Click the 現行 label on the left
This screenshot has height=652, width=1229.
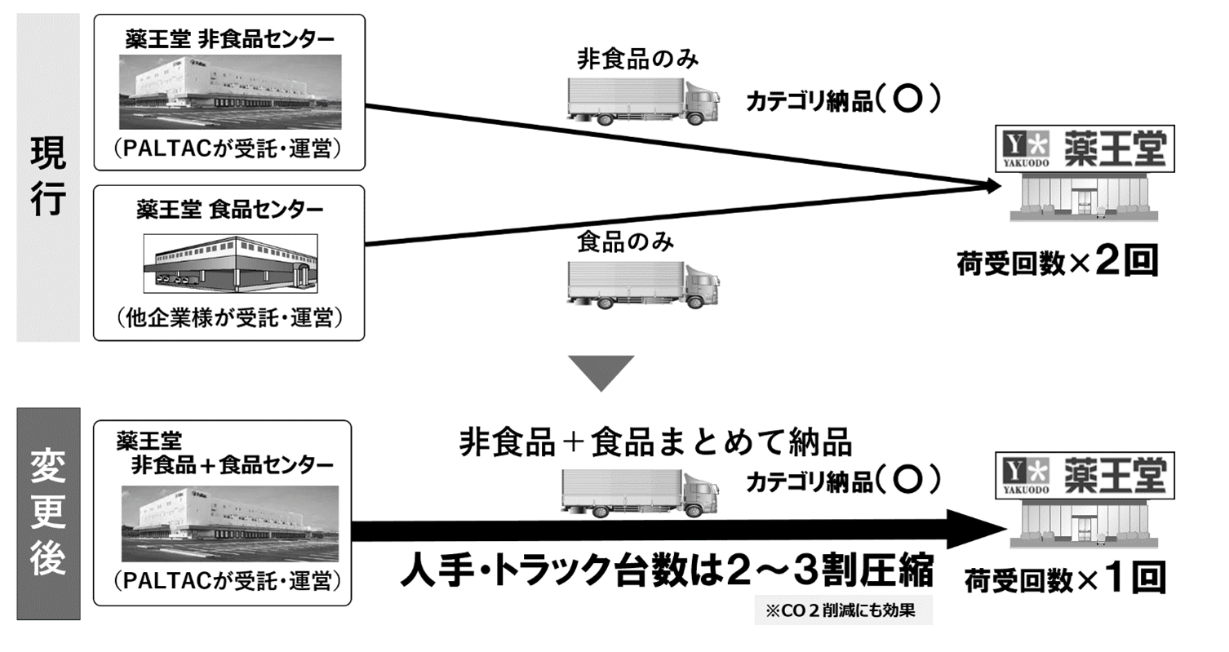tap(48, 176)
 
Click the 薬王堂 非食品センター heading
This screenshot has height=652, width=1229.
tap(228, 38)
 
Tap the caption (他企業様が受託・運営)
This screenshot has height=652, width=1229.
tap(228, 317)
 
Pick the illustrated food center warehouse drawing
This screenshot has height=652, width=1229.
tap(230, 263)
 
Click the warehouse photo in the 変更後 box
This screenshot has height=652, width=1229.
tap(229, 522)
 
